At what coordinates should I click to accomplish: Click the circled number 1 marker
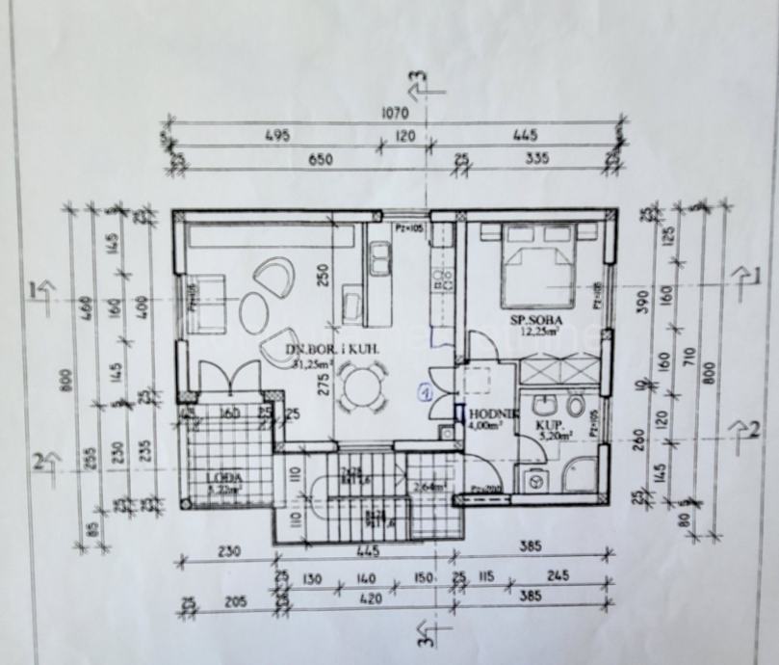[x=424, y=392]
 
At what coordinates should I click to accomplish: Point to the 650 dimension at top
[x=321, y=160]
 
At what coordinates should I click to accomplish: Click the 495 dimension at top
[x=276, y=137]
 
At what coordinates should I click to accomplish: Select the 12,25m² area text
[x=541, y=331]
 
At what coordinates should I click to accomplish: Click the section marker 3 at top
[x=418, y=81]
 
